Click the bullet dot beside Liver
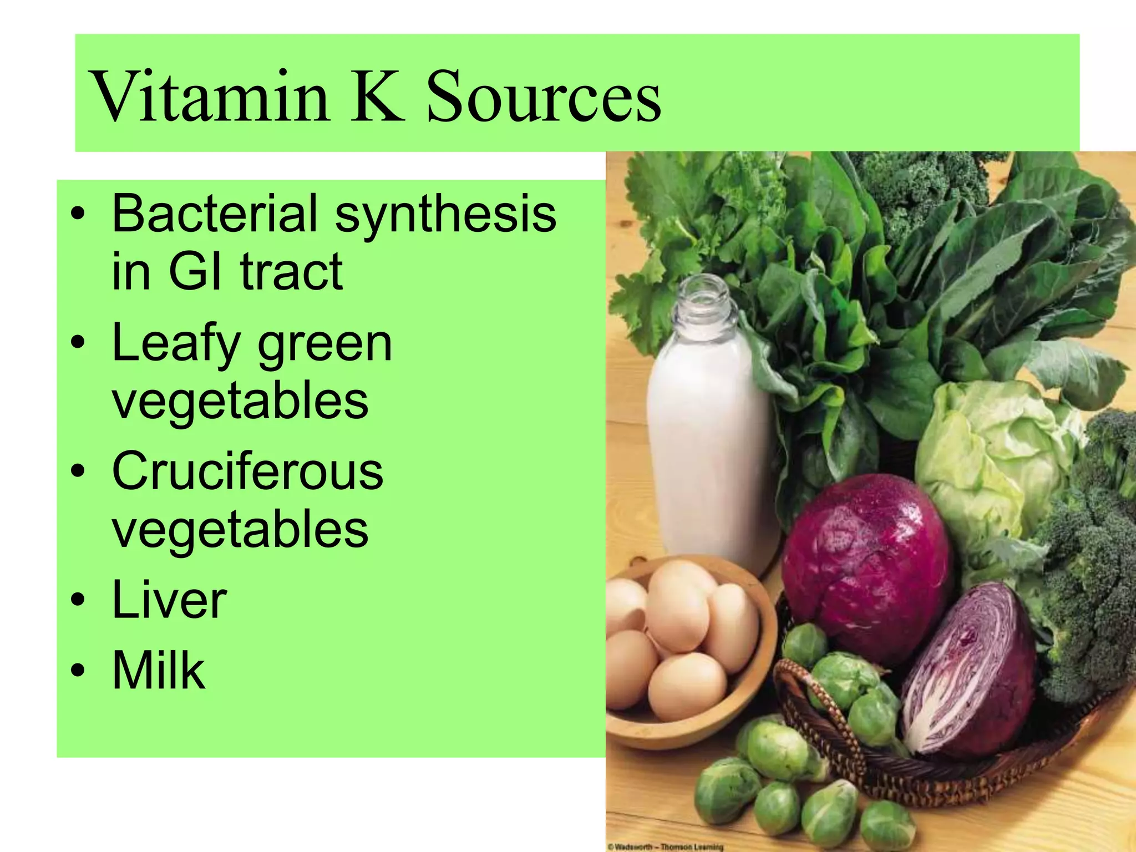point(78,600)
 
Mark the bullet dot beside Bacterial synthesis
point(78,214)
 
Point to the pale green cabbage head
point(993,466)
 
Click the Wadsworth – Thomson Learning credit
point(666,847)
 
